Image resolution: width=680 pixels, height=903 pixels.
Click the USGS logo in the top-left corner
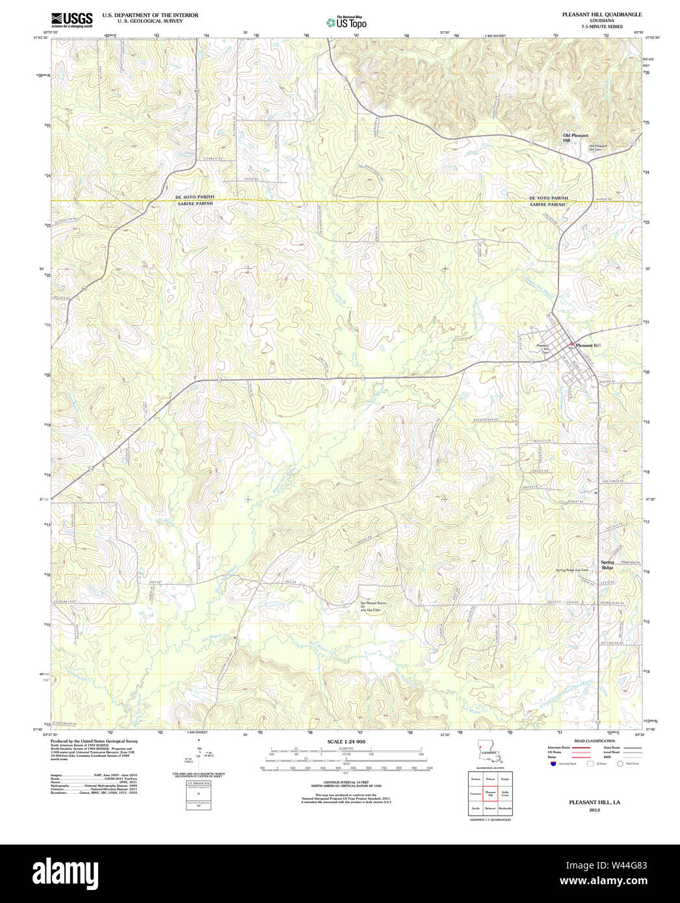(72, 19)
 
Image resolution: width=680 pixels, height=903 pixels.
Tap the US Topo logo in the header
(347, 23)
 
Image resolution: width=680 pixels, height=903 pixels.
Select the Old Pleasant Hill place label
(575, 138)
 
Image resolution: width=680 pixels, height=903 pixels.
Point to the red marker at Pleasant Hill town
(571, 344)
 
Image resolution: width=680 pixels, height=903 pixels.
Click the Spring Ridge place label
(607, 565)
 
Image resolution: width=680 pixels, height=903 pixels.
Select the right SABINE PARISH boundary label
(548, 205)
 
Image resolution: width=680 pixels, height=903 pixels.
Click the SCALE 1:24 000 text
(346, 742)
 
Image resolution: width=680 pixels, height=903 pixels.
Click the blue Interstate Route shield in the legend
(553, 763)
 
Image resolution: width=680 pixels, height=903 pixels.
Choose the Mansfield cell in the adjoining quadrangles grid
(476, 779)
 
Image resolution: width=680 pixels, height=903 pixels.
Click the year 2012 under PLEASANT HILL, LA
(594, 810)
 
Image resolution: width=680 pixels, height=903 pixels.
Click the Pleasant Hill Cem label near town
(542, 349)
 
